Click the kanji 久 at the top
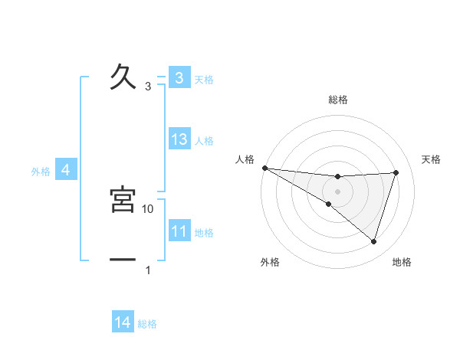click(x=123, y=77)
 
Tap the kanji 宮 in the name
click(x=123, y=199)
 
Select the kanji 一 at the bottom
click(x=123, y=260)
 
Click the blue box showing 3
click(x=179, y=77)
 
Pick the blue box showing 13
click(x=179, y=139)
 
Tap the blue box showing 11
click(x=179, y=231)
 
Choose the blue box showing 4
click(x=66, y=170)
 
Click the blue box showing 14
click(x=123, y=322)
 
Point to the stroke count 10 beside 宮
click(x=148, y=208)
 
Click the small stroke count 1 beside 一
click(x=148, y=270)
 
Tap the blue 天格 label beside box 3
click(x=204, y=79)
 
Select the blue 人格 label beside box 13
click(x=204, y=141)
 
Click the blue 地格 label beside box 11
click(x=204, y=232)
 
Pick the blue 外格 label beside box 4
click(x=41, y=172)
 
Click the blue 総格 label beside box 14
click(x=147, y=324)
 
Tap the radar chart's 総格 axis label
click(x=338, y=100)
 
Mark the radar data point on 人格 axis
click(x=264, y=168)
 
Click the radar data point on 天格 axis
click(x=396, y=172)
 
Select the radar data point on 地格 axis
click(x=374, y=241)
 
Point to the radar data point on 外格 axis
click(x=329, y=204)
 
